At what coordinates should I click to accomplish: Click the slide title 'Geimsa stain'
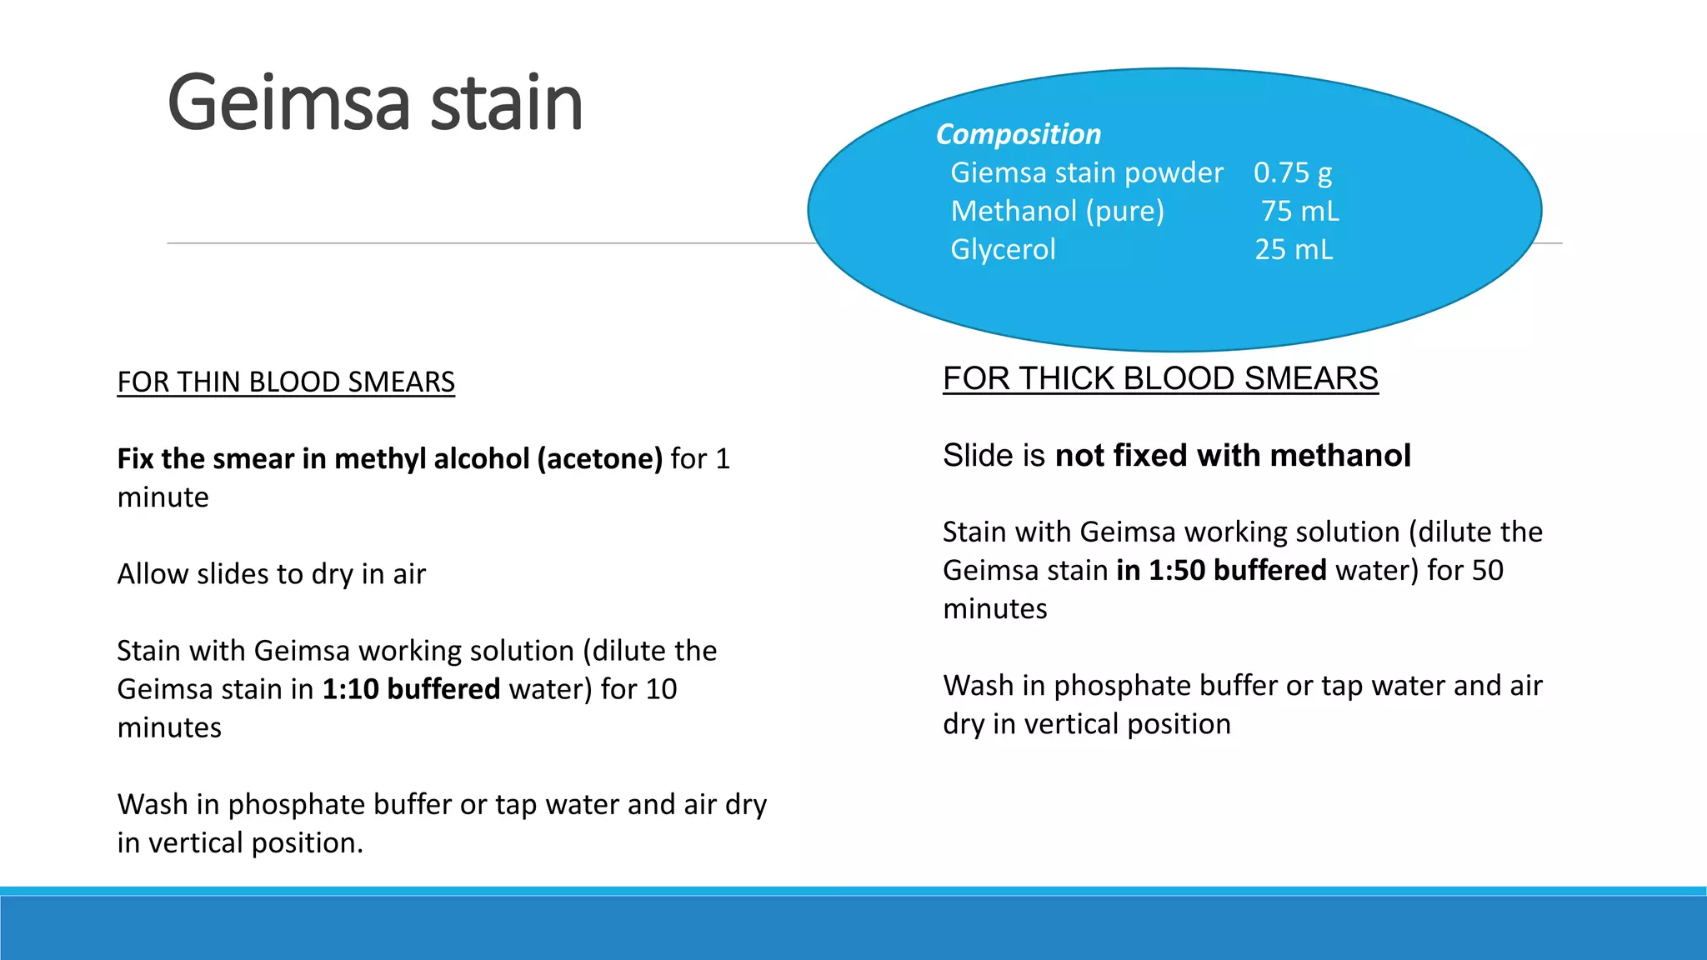(x=374, y=103)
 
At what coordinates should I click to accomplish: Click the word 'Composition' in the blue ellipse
(x=1018, y=134)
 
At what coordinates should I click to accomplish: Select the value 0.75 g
(x=1292, y=172)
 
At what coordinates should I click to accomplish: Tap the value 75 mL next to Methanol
(x=1299, y=211)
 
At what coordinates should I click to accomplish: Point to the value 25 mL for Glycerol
(x=1294, y=249)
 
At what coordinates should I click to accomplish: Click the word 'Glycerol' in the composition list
(x=1003, y=249)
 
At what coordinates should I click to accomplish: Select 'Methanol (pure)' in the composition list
(x=1057, y=211)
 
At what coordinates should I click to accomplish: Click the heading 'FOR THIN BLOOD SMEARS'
(x=286, y=382)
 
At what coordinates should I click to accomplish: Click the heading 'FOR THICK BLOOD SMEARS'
(x=1160, y=378)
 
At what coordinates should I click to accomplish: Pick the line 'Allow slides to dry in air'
(x=271, y=573)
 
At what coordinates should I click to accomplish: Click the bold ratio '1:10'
(x=350, y=689)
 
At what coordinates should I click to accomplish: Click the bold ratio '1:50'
(x=1176, y=570)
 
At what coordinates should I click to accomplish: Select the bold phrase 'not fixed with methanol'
(x=1233, y=455)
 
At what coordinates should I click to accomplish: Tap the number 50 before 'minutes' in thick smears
(x=1487, y=570)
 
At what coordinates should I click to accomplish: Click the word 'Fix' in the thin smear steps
(x=134, y=458)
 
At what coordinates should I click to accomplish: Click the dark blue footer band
(x=853, y=928)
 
